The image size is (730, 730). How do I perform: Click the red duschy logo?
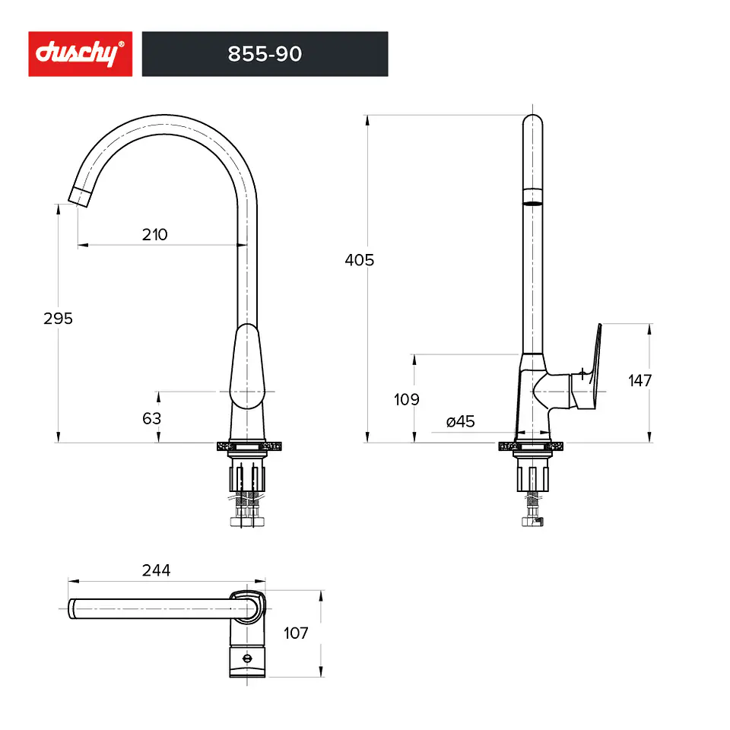click(80, 53)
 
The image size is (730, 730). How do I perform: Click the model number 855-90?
click(265, 54)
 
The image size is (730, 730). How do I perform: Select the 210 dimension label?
click(155, 235)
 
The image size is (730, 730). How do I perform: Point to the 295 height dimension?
click(59, 319)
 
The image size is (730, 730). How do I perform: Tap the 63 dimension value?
click(152, 418)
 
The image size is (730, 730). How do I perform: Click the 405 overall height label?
click(360, 260)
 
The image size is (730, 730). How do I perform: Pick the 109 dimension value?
click(406, 399)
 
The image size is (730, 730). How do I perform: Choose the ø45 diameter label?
click(461, 421)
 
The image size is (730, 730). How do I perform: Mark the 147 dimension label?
click(640, 381)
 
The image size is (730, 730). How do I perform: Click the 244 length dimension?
click(157, 570)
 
